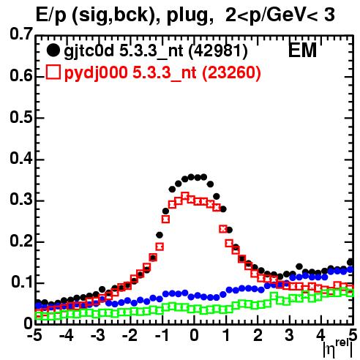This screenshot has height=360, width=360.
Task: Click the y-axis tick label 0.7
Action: (x=20, y=34)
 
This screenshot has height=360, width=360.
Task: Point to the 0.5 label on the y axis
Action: (x=20, y=117)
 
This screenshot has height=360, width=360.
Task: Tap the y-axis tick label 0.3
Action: (x=20, y=200)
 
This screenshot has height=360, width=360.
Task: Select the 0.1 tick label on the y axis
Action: (x=21, y=282)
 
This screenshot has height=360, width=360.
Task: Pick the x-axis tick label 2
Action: (x=258, y=336)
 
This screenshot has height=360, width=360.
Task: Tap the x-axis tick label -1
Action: (x=162, y=336)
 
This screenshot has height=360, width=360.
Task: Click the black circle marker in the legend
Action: (x=53, y=50)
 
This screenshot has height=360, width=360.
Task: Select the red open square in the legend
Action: (x=53, y=72)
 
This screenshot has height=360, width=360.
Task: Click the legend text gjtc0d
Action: (x=89, y=51)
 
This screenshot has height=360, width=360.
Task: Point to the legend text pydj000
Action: (x=96, y=73)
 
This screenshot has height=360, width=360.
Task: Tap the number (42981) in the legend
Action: (x=218, y=51)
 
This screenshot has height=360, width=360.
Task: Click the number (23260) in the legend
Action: (x=231, y=72)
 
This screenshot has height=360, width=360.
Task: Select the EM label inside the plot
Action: (x=302, y=50)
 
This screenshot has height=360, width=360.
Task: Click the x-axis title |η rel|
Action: (x=338, y=349)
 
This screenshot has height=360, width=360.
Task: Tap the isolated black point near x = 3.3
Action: (x=299, y=266)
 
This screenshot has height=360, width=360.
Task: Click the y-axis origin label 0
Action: (x=28, y=323)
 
